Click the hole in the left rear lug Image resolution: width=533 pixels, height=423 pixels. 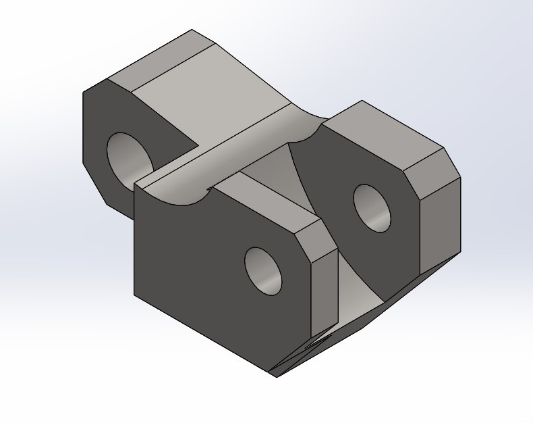(130, 157)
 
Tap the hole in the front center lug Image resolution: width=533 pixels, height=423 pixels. (264, 271)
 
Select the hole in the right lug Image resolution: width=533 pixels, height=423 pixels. (372, 208)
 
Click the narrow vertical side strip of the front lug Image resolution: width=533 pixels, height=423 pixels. (325, 291)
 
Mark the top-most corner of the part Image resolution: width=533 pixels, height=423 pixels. (192, 30)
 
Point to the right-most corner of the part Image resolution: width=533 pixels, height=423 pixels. (461, 178)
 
